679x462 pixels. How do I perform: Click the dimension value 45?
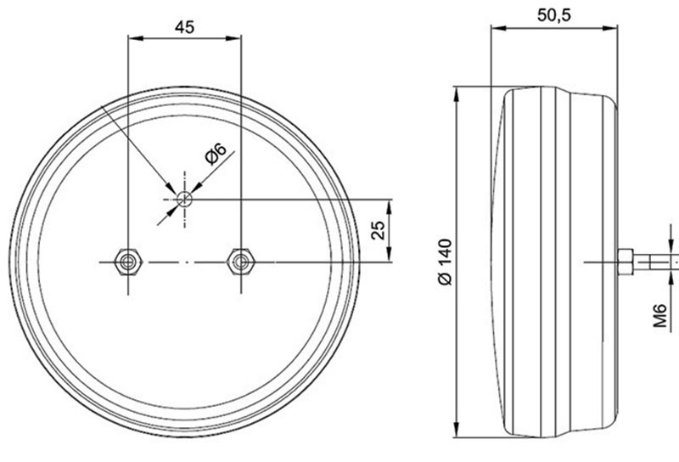(184, 26)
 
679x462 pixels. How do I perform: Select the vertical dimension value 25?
(379, 229)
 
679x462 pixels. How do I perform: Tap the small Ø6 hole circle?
(183, 199)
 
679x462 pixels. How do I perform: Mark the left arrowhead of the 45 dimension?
(132, 38)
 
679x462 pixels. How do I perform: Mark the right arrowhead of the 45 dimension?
(237, 38)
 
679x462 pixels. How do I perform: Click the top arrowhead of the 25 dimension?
(390, 204)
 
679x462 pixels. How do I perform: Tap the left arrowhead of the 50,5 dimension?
(497, 28)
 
